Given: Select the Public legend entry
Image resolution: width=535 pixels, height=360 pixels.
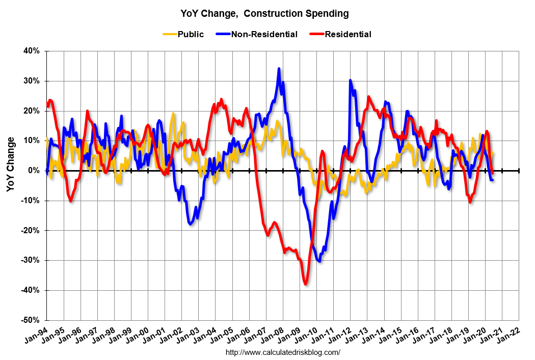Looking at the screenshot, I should pos(190,35).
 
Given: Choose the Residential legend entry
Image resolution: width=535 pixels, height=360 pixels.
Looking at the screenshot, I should pos(347,35).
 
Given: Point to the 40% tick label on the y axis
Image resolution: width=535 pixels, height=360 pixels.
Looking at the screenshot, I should pos(31,51).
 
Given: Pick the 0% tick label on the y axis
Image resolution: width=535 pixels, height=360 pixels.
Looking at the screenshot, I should pos(34,171).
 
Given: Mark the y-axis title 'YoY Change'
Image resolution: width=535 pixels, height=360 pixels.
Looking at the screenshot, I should pos(11,164).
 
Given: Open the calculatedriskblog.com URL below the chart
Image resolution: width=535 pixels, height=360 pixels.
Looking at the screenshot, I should pos(282,352).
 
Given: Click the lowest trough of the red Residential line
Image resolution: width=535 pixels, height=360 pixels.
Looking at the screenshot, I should pos(306,284).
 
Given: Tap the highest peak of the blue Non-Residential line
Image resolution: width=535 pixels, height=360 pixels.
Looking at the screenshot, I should pos(279,69).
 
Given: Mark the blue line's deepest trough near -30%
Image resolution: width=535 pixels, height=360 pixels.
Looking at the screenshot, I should pos(319,261).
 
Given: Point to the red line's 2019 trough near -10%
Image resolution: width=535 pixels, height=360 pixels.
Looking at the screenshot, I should pos(470,202).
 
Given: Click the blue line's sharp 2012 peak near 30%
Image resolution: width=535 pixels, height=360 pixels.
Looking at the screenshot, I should pos(350,80).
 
